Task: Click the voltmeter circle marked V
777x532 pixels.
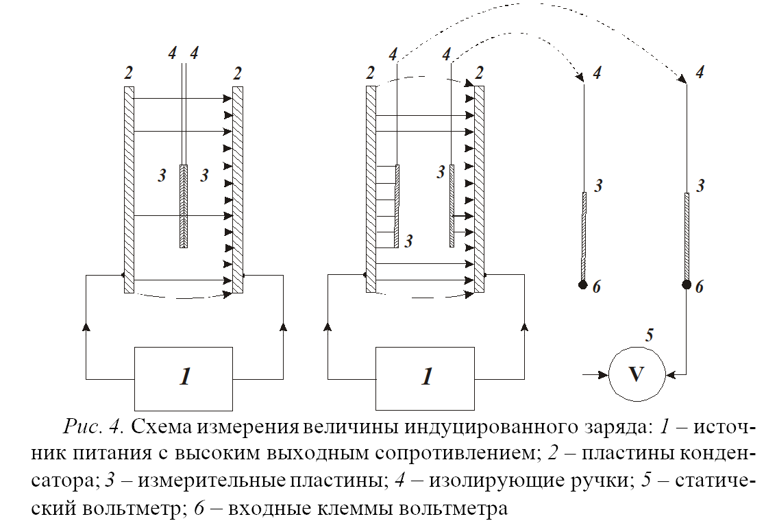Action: point(637,374)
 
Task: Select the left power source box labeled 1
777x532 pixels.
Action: point(184,378)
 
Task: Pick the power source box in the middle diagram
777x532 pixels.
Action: point(426,378)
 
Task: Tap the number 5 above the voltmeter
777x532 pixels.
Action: point(650,336)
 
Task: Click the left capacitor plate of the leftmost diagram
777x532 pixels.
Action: point(129,189)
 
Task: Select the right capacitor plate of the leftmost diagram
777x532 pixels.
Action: point(238,189)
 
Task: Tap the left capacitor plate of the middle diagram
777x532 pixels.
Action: point(371,189)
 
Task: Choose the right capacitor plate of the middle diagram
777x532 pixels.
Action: point(480,189)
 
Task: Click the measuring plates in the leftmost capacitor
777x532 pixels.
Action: point(184,206)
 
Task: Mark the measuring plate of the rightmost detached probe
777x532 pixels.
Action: point(686,237)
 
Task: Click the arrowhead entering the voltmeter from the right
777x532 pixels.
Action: point(669,374)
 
